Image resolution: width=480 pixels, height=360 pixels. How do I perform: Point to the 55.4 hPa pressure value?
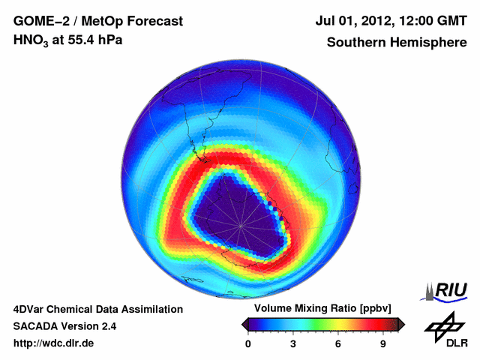click(90, 41)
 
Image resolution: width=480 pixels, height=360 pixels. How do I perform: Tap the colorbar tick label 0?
click(248, 344)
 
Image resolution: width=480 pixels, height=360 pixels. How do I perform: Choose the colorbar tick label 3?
click(293, 344)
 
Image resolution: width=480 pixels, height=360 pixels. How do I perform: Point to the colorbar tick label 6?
click(338, 344)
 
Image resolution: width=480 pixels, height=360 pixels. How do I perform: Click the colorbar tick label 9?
click(382, 344)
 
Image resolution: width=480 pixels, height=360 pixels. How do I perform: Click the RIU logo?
click(445, 291)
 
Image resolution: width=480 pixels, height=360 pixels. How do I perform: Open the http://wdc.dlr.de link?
click(54, 344)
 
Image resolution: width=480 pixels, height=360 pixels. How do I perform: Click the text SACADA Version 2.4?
click(64, 326)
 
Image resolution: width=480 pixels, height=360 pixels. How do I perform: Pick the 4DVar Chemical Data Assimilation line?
click(98, 309)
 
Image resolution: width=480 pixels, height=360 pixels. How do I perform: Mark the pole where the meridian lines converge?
click(241, 223)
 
